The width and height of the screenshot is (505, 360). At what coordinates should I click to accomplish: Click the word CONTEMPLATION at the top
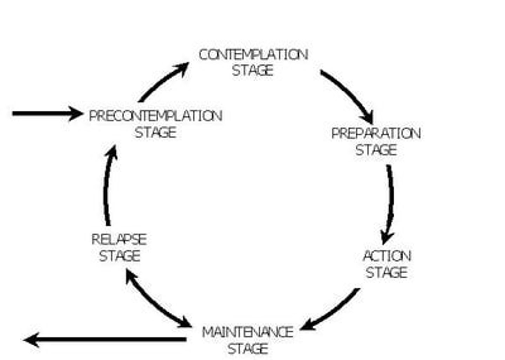[253, 55]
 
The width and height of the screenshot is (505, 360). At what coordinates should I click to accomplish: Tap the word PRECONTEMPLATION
[155, 116]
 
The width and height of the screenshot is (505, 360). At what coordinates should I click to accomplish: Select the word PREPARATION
[376, 133]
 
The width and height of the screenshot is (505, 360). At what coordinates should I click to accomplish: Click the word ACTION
[387, 256]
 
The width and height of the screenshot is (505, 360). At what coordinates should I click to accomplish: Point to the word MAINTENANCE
[248, 332]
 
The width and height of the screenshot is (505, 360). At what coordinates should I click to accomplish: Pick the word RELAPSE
[119, 240]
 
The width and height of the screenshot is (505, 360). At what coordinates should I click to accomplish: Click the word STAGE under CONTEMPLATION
[252, 71]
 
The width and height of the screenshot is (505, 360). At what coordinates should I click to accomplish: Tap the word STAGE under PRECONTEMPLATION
[155, 133]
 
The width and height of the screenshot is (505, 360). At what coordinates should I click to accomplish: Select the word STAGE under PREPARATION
[376, 150]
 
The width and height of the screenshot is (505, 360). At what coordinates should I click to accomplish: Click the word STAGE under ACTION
[386, 273]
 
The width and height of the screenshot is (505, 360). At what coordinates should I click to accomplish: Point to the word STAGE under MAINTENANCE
[248, 349]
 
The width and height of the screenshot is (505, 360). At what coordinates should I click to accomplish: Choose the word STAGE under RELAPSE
[120, 256]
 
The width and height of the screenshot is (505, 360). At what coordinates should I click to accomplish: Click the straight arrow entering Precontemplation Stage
[46, 114]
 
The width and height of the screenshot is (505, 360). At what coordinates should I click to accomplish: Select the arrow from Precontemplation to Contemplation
[161, 81]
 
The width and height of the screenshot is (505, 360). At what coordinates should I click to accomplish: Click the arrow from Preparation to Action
[390, 204]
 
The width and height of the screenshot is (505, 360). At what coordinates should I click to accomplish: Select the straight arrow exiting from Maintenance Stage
[105, 339]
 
